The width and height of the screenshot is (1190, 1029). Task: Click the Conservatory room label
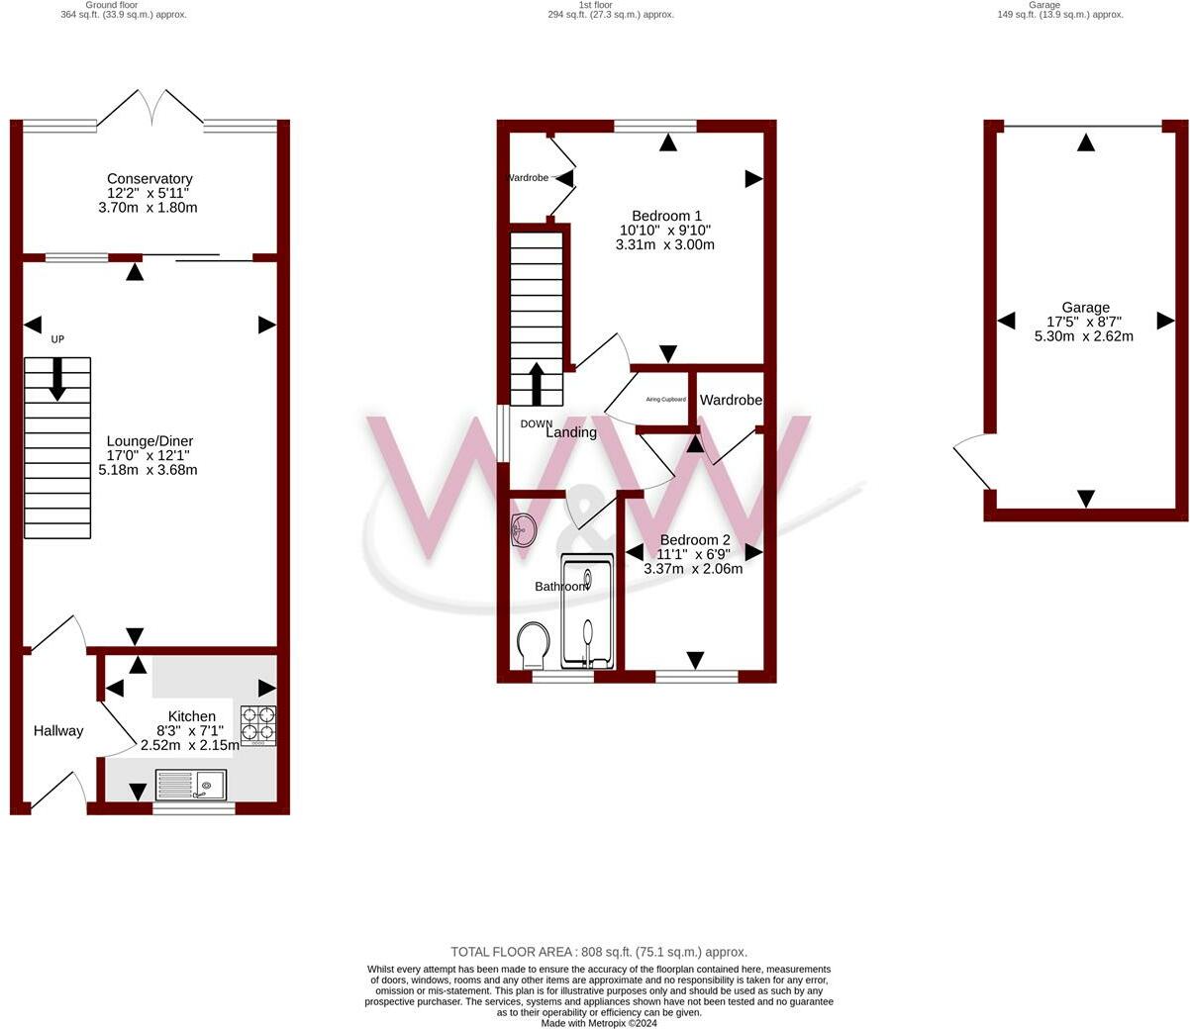pos(149,179)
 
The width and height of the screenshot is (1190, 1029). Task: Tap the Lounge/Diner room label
pos(149,441)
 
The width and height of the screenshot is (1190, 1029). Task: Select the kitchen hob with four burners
pos(258,724)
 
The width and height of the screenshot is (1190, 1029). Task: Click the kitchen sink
pos(191,786)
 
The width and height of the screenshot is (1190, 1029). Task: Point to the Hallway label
pos(58,731)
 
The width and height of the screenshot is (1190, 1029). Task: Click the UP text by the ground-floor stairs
pos(57,339)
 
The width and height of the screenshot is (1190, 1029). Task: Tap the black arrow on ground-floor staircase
pos(57,379)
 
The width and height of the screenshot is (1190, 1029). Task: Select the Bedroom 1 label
pos(666,216)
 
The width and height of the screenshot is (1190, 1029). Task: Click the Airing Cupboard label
pos(665,400)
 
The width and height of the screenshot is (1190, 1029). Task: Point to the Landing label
pos(571,432)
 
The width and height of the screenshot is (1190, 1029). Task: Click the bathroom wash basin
pos(523,530)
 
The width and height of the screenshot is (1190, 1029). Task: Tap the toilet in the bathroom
pos(534,644)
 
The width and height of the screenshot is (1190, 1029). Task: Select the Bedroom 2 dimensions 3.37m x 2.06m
pos(693,569)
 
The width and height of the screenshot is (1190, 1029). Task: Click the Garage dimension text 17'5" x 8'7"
pos(1085,322)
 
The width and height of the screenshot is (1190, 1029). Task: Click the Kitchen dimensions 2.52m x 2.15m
pos(190,746)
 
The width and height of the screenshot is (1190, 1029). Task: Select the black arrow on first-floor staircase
pos(537,384)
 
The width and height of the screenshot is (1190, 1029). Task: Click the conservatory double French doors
pos(151,107)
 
